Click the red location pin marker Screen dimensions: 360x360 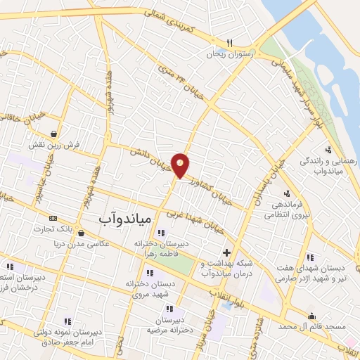click(x=181, y=165)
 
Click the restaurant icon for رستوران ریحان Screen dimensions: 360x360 click(x=229, y=42)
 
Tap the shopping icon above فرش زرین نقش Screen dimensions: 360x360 click(x=54, y=133)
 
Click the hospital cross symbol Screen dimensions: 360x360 click(x=226, y=252)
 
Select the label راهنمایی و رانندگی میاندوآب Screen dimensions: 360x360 click(x=329, y=165)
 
